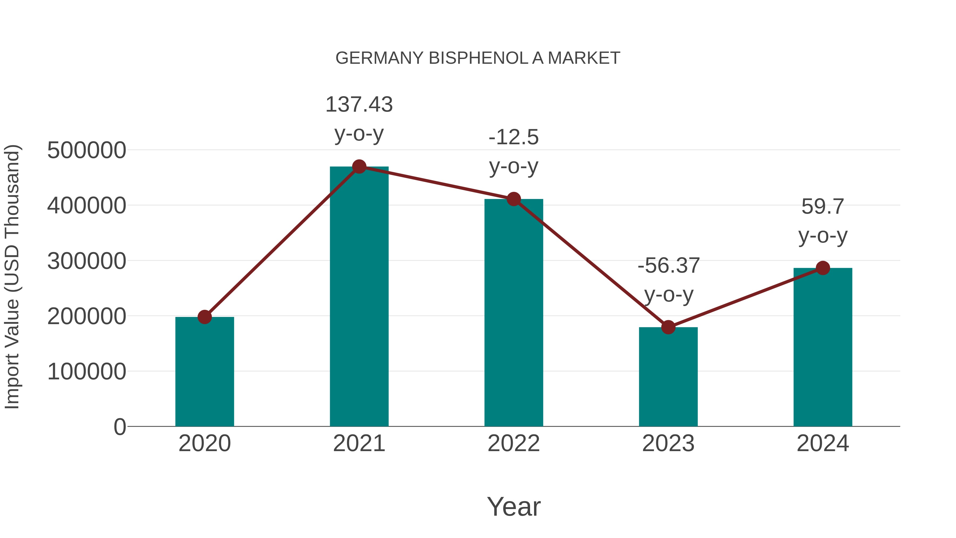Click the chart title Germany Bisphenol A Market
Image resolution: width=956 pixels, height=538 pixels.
pos(478,58)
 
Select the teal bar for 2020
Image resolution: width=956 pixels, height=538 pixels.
pos(204,371)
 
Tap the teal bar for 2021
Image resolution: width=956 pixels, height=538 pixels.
pos(359,297)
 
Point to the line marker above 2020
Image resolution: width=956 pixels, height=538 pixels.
pos(204,317)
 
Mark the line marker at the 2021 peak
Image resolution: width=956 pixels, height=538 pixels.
pos(359,167)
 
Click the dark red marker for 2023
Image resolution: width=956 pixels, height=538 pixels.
pos(668,327)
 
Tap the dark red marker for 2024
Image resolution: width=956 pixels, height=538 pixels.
pos(823,268)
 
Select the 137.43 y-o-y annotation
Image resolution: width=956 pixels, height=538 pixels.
pos(359,118)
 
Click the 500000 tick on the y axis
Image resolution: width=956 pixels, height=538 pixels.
pos(87,150)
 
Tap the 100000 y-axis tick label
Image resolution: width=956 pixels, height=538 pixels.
pos(87,371)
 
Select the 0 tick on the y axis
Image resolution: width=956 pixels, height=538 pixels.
pos(119,427)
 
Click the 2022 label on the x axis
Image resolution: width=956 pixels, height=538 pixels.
pos(514,443)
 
